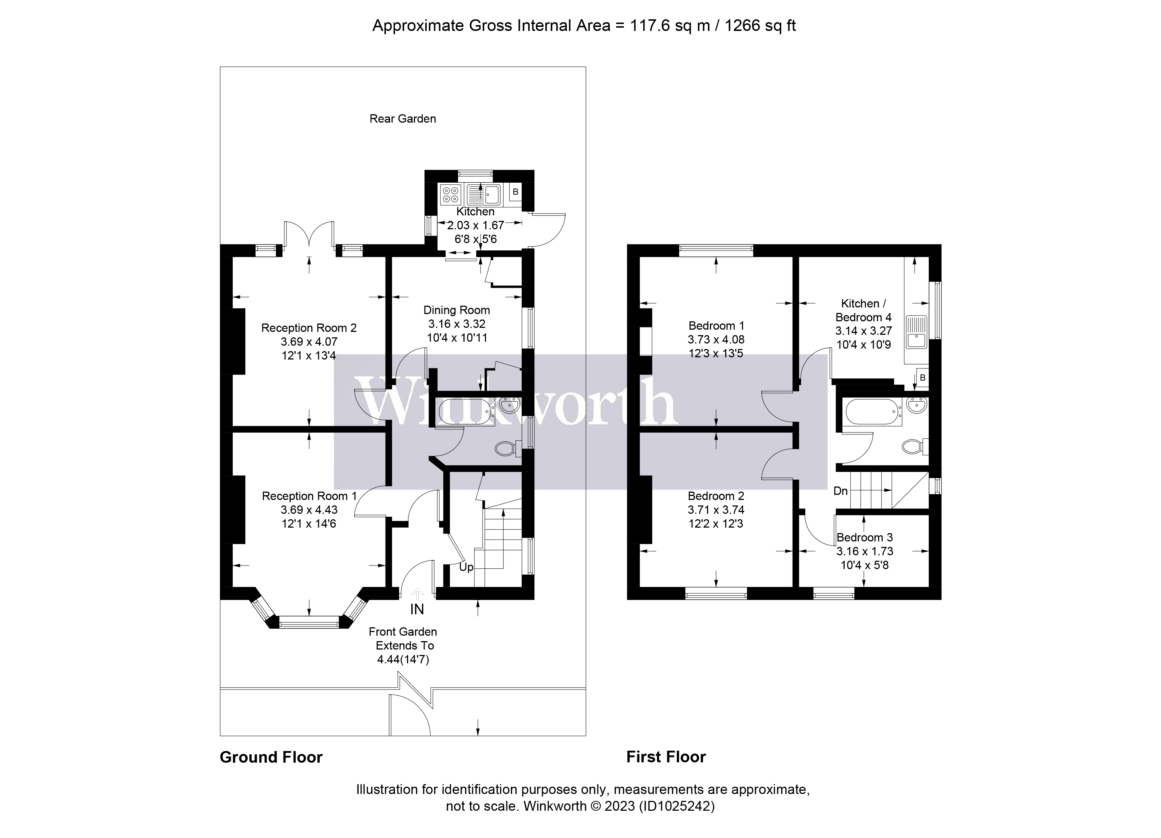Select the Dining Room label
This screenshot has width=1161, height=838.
coord(456,310)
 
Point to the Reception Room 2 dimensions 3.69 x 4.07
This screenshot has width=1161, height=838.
coord(309,342)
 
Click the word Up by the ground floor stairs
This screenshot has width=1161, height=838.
coord(466,567)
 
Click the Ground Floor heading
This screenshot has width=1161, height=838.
coord(271,757)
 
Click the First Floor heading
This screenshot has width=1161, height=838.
coord(666,757)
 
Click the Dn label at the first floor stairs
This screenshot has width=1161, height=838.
coord(841,491)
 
